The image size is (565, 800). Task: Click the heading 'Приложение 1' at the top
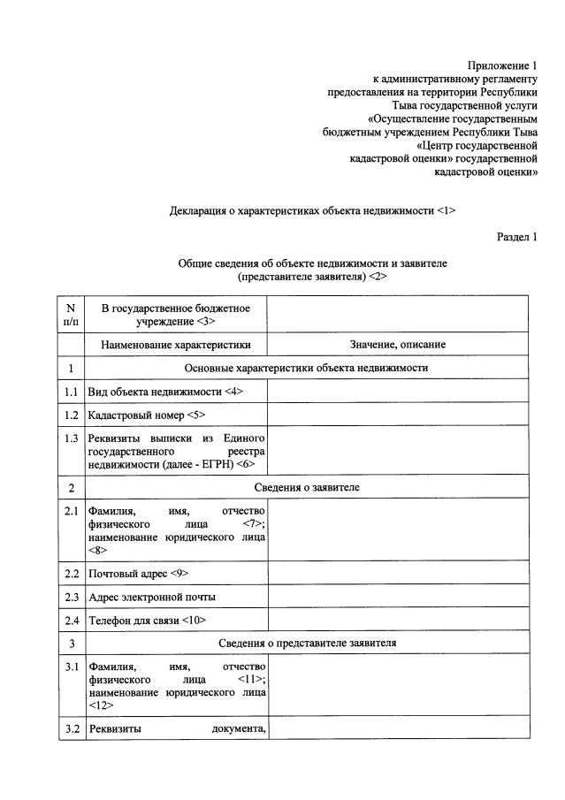[x=502, y=65]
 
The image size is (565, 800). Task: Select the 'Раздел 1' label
[x=518, y=236]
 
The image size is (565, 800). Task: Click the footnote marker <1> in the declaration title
[x=447, y=211]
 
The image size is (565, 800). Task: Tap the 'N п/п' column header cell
[x=71, y=314]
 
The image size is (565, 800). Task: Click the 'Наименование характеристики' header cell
[x=175, y=344]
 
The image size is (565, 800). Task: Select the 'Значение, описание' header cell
[x=397, y=344]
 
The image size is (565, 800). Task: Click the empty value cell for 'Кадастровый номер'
[x=397, y=414]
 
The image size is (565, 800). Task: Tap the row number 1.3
[x=71, y=438]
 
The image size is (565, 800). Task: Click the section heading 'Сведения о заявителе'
[x=307, y=487]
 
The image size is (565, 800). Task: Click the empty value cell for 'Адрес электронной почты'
[x=397, y=597]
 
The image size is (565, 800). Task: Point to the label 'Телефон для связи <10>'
[x=147, y=620]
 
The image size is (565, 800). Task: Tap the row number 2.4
[x=71, y=620]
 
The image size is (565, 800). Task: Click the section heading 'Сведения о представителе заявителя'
[x=307, y=643]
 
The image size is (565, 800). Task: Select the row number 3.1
[x=71, y=667]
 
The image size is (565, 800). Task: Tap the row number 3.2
[x=71, y=729]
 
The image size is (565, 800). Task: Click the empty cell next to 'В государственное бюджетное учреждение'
[x=397, y=314]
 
